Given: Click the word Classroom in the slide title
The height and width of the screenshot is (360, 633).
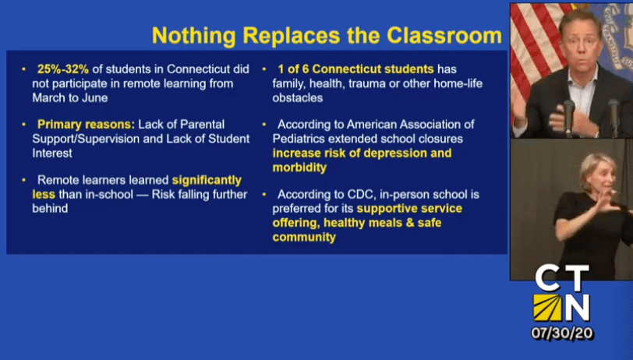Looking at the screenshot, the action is pos(444,35).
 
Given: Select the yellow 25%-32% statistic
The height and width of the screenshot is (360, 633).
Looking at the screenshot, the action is pos(62,69).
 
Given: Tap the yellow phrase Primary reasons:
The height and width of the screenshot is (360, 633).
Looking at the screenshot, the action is pos(86,125).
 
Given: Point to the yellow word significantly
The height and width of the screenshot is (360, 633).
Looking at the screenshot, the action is pos(207,180).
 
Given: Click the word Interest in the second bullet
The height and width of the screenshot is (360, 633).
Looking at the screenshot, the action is pos(52,153).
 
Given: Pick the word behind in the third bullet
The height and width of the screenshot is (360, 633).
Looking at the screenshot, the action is pos(50,208).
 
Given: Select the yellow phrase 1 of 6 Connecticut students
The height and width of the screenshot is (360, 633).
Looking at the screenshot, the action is pos(355,69).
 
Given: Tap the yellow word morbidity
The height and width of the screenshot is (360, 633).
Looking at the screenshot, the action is pos(299,168).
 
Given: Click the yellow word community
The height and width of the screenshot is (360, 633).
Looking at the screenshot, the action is pos(304,237).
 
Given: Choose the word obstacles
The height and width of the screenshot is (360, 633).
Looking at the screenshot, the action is pos(298,97).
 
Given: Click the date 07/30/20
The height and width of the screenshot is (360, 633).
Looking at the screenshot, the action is pos(562,333).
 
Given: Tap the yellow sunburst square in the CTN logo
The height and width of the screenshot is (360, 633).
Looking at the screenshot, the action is pos(547,308).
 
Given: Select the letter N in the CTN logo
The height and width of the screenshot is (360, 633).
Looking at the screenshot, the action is pos(577,308).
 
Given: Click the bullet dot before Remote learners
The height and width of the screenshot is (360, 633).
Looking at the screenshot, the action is pos(24,180).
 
